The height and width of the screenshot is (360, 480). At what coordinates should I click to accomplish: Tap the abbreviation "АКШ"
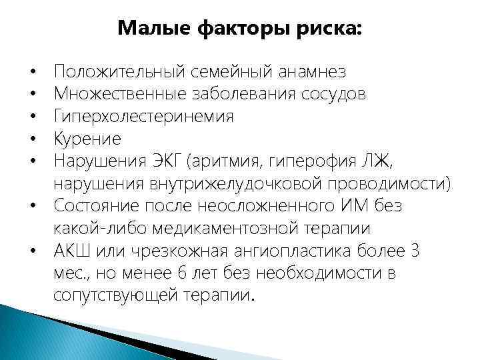(73, 252)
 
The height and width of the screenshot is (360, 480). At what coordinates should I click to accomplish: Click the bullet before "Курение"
(32, 139)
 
